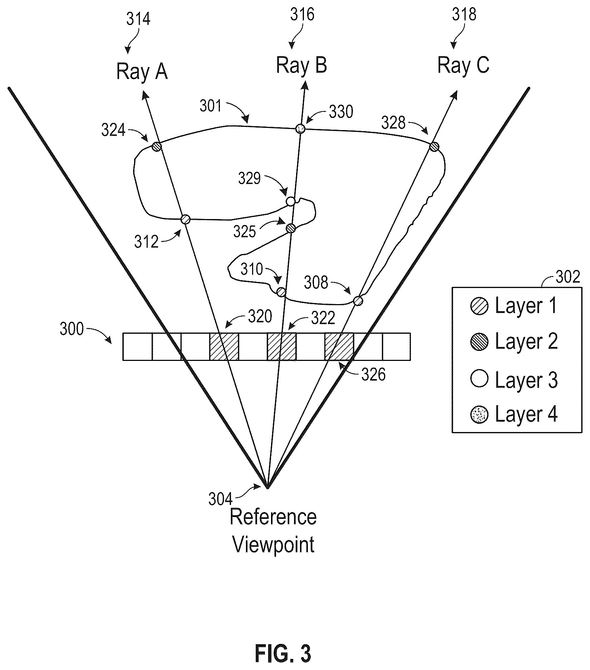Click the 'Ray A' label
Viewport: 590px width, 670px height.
click(x=142, y=72)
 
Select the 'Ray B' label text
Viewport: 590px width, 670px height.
click(x=301, y=66)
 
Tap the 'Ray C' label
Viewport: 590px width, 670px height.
click(x=463, y=66)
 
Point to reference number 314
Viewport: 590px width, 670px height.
click(x=138, y=19)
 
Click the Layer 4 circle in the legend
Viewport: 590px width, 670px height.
click(x=479, y=415)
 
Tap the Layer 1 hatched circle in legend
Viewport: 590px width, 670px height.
click(x=479, y=306)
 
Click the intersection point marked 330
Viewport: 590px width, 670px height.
click(x=301, y=129)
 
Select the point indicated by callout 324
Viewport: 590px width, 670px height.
click(x=157, y=147)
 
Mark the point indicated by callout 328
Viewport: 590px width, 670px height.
click(x=434, y=147)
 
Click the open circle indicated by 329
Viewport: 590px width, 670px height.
click(x=291, y=202)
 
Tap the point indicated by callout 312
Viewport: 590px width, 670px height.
click(x=186, y=219)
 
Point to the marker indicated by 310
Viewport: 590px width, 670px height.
click(x=281, y=292)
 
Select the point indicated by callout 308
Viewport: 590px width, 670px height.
click(x=358, y=301)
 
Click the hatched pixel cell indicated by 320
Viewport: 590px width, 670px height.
click(x=224, y=347)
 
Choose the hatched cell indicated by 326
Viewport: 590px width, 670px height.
click(x=339, y=347)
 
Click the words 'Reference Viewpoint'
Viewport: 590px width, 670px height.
click(x=274, y=531)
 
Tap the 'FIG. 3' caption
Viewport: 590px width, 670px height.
click(x=283, y=654)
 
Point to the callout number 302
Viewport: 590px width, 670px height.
click(x=567, y=277)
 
